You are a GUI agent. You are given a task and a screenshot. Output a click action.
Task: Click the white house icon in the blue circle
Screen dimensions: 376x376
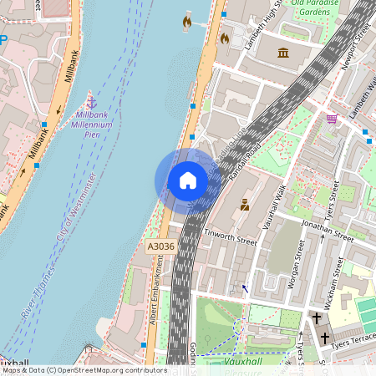point(188,180)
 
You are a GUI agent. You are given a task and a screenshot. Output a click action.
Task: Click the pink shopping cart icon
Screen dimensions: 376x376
point(332,119)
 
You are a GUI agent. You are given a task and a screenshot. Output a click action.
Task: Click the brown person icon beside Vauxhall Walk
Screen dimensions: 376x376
point(244,204)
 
